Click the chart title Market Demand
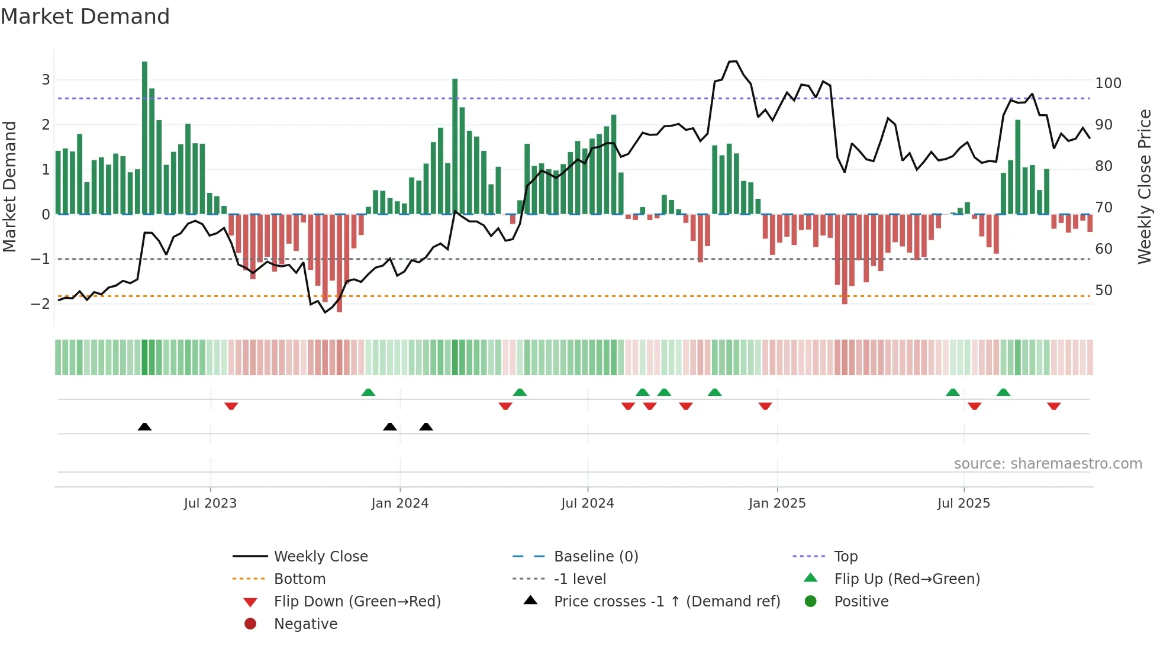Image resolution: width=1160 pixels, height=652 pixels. click(85, 17)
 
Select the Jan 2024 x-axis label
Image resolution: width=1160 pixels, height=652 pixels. click(399, 503)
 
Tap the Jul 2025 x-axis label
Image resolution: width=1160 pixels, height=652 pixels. click(963, 503)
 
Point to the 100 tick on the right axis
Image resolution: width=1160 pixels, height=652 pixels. click(1108, 83)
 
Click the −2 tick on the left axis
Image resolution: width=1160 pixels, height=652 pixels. click(40, 304)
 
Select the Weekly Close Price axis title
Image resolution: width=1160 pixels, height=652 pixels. click(1145, 186)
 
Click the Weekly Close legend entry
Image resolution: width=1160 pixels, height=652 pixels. click(320, 557)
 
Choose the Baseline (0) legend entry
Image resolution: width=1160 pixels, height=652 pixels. click(595, 557)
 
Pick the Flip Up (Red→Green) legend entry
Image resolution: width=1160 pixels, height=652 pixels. click(906, 579)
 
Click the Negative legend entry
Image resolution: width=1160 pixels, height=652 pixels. click(305, 624)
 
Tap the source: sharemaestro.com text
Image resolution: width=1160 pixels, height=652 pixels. click(1048, 464)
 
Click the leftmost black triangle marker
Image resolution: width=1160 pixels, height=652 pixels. click(144, 427)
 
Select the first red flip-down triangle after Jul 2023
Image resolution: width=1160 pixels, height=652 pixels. click(231, 406)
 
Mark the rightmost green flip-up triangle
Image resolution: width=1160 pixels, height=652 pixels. click(1003, 392)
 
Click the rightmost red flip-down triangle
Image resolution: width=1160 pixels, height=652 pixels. click(1053, 406)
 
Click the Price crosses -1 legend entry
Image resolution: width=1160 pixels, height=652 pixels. click(666, 602)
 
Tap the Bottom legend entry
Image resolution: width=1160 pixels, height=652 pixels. click(299, 579)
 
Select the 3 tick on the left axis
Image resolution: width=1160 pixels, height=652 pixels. click(46, 80)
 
